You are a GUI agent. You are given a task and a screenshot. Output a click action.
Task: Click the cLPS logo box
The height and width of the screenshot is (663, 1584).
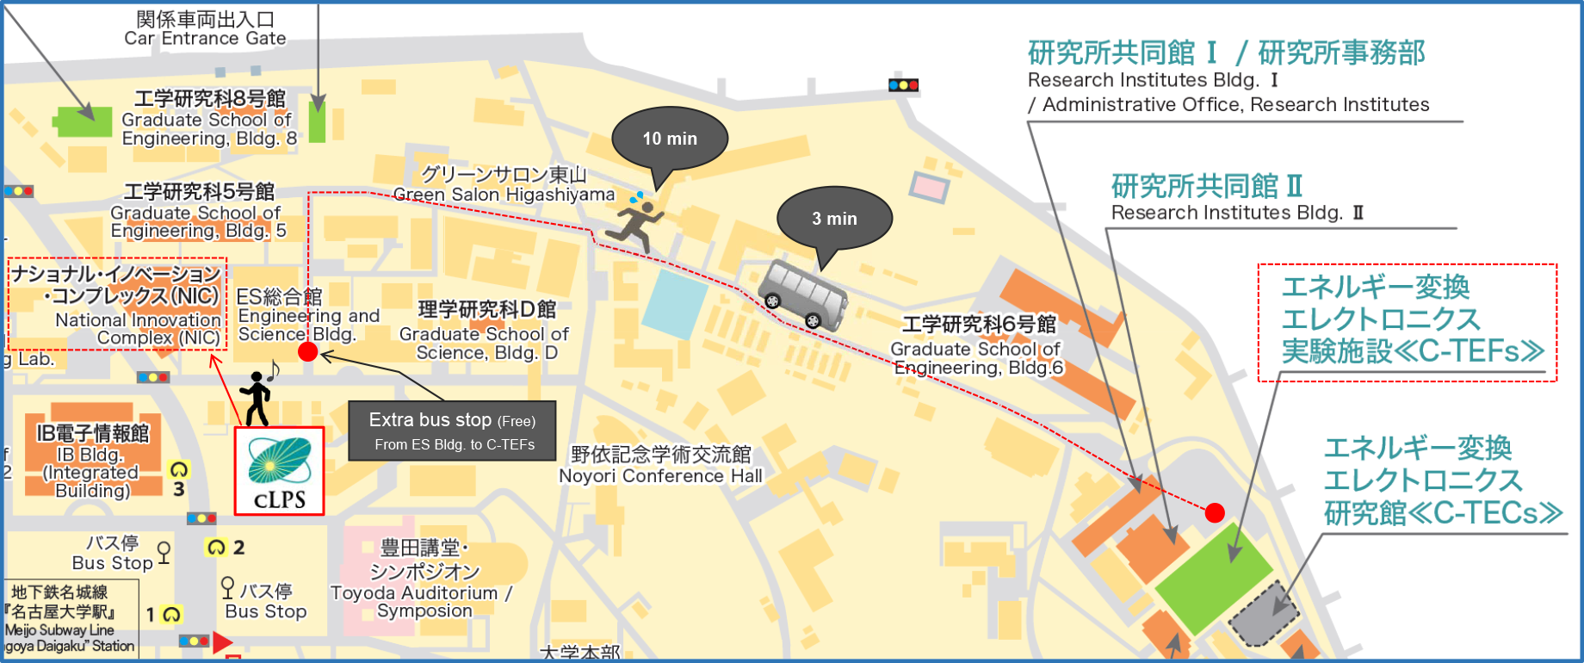click(279, 471)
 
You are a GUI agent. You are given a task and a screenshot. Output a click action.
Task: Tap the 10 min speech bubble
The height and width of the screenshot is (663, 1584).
click(670, 139)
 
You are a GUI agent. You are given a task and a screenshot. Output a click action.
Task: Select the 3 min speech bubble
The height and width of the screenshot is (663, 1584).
click(834, 219)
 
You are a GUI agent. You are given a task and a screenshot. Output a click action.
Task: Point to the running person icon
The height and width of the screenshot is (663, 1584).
click(636, 221)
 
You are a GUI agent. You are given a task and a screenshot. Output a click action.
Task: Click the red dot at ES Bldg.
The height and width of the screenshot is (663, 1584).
click(307, 351)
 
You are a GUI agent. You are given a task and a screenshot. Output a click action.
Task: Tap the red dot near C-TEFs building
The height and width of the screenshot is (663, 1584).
click(1214, 513)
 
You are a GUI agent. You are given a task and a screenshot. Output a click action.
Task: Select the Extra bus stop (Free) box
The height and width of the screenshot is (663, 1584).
click(452, 431)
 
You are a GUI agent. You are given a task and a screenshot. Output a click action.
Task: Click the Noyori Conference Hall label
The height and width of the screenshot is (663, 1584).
click(660, 465)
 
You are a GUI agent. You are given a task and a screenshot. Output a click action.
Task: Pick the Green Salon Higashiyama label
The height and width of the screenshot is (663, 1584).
click(504, 185)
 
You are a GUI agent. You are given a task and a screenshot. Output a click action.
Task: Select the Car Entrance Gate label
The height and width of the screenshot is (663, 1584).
click(205, 28)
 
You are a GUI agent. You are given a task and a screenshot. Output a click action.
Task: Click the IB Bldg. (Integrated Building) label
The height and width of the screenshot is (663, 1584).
click(92, 462)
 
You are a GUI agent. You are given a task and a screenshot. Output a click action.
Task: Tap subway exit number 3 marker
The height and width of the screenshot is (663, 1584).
click(178, 479)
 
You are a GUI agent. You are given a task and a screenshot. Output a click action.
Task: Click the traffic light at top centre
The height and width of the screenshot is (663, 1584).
click(903, 85)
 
